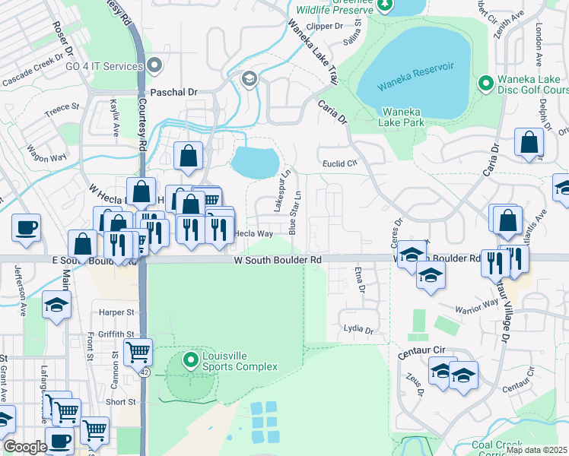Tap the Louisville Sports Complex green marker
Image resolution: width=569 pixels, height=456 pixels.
click(190, 357)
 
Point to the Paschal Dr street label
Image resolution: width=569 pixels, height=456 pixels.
click(173, 92)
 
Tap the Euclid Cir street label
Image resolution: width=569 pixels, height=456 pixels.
click(341, 163)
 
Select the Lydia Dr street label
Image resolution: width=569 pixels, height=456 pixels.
click(358, 330)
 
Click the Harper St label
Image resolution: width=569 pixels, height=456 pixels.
click(117, 312)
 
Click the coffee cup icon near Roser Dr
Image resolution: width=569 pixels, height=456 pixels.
click(27, 227)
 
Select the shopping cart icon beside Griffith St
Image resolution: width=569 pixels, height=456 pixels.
click(138, 351)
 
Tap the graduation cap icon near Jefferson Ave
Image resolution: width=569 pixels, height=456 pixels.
click(56, 304)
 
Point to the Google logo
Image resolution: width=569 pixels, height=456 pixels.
click(25, 447)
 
